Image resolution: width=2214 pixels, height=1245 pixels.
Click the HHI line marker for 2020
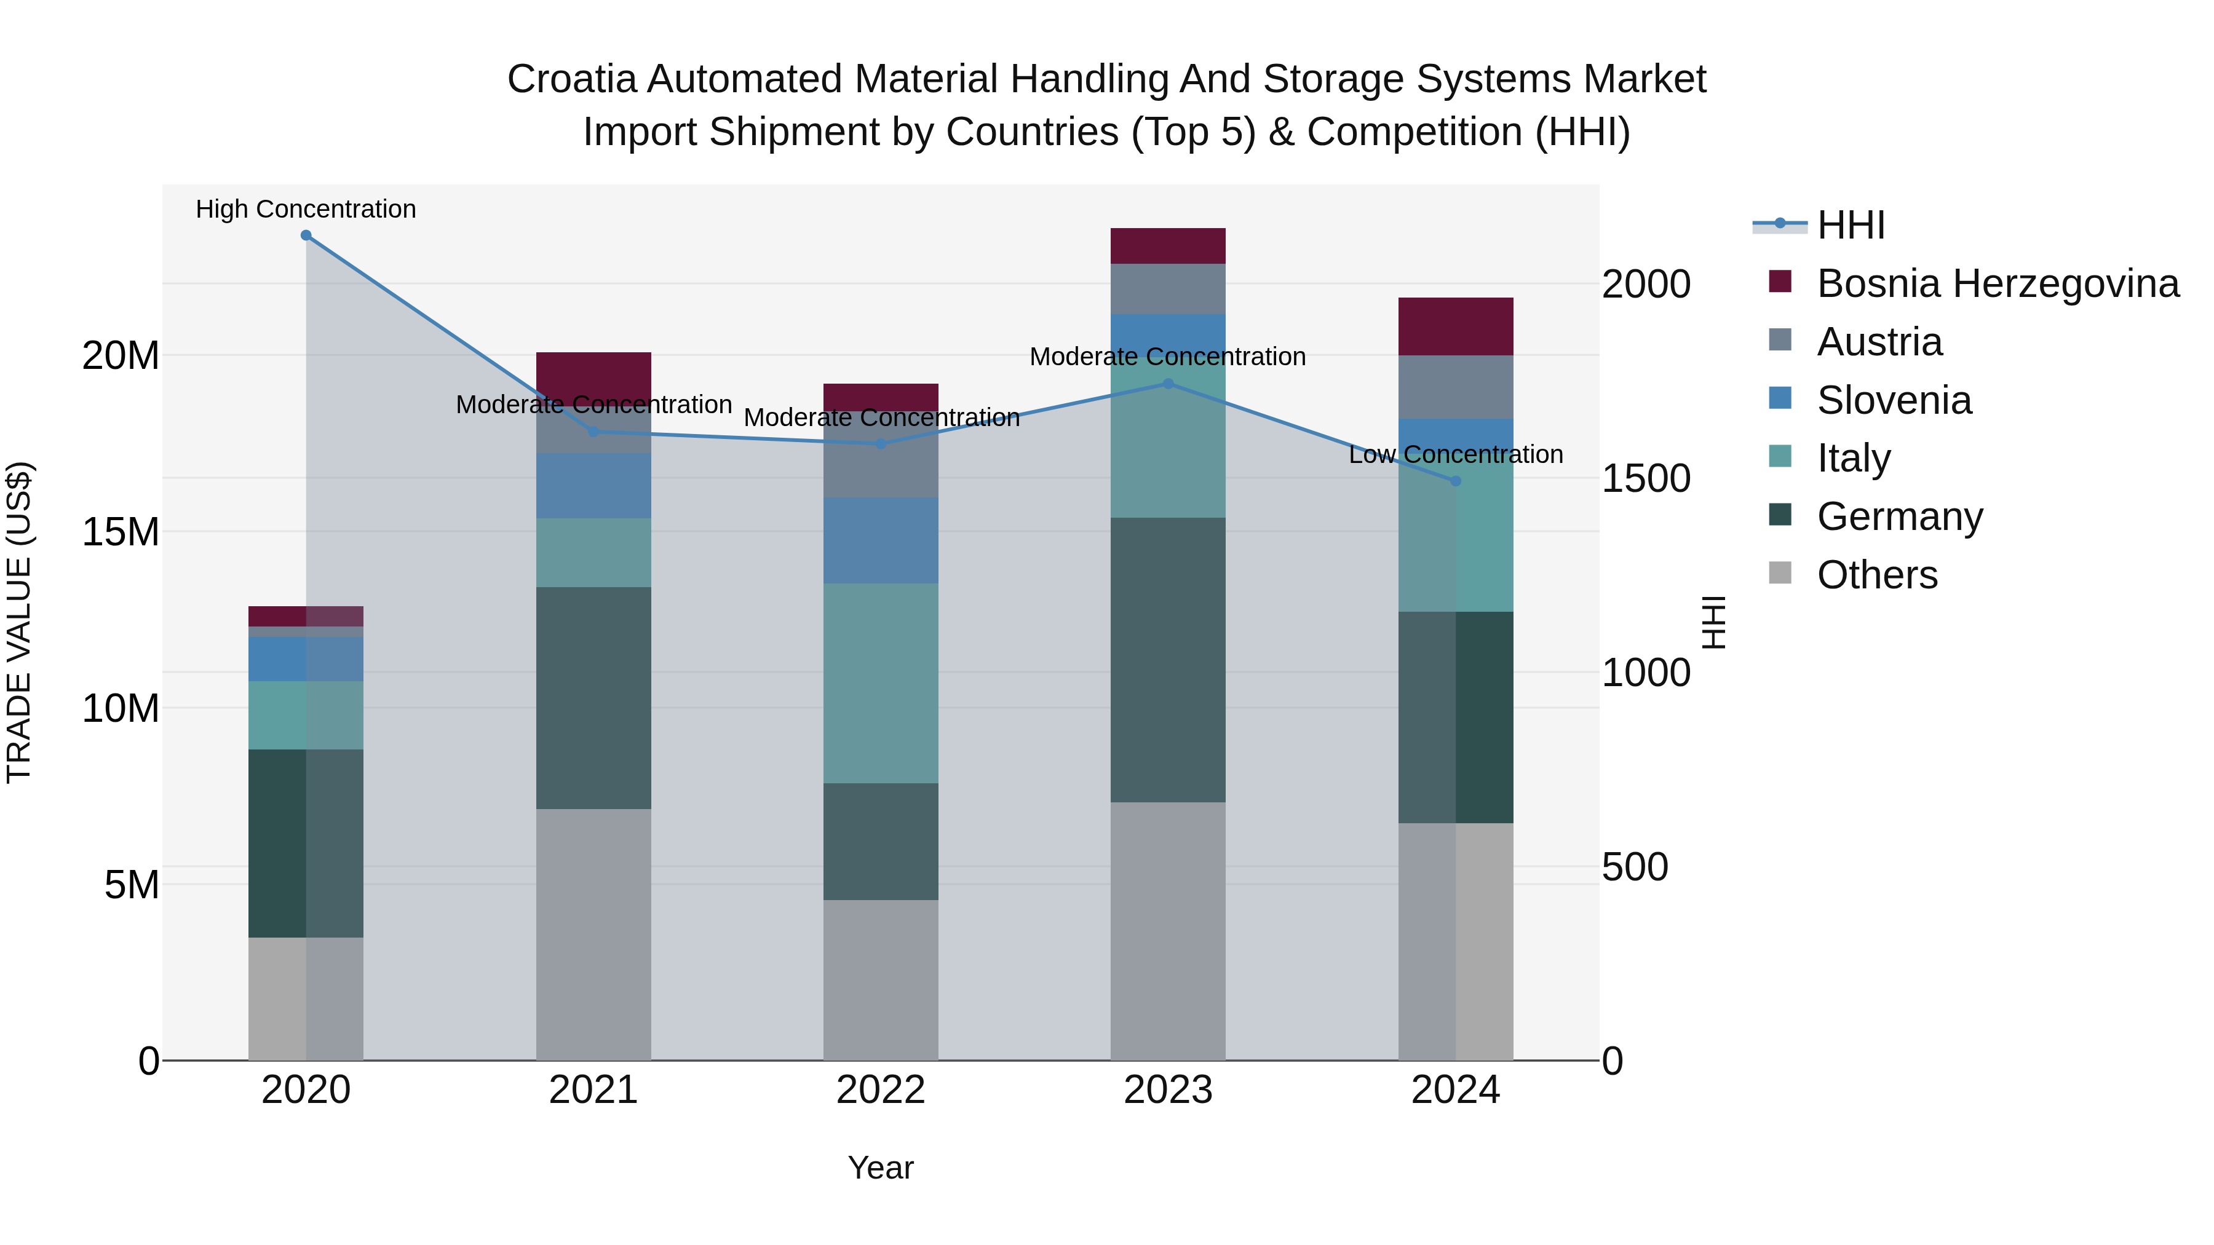point(306,235)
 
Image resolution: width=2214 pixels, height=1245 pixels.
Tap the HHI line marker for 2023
point(1168,384)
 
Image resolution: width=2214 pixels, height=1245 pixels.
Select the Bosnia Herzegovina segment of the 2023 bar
point(1168,246)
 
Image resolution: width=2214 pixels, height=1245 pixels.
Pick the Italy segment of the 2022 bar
point(881,683)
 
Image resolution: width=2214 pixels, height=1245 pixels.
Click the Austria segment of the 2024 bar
point(1456,387)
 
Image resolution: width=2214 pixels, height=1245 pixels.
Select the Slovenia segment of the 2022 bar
point(881,540)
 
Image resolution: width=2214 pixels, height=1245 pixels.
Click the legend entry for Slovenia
point(1894,400)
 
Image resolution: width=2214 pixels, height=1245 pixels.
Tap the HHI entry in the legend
point(1851,225)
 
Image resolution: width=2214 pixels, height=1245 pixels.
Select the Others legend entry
point(1877,575)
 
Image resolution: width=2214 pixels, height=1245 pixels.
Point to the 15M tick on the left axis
point(121,532)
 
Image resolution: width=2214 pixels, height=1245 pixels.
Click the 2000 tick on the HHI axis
point(1646,285)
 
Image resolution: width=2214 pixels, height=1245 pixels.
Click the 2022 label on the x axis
point(881,1090)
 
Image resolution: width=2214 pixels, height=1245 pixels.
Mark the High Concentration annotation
point(306,209)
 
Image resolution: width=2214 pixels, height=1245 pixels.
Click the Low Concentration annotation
point(1456,454)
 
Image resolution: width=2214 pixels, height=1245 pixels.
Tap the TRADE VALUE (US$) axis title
point(19,622)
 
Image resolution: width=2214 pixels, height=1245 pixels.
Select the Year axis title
point(881,1168)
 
